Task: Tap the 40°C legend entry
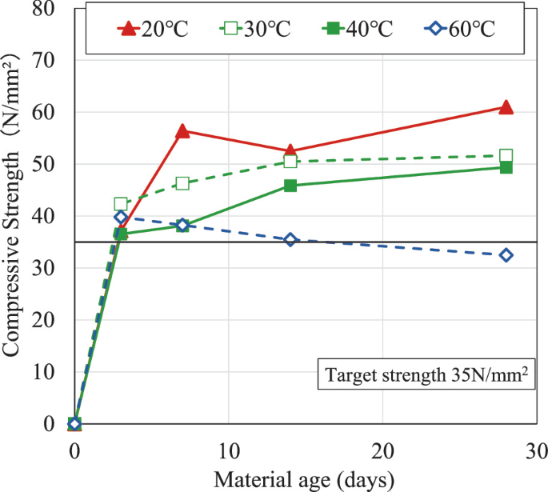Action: [x=358, y=30]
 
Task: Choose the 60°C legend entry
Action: [x=460, y=30]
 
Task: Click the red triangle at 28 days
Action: [x=506, y=107]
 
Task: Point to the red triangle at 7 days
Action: [x=182, y=130]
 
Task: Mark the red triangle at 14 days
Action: [x=290, y=150]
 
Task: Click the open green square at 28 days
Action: [x=506, y=155]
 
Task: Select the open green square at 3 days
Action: [x=121, y=204]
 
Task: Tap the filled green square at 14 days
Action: [x=290, y=186]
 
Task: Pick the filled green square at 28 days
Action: [x=506, y=167]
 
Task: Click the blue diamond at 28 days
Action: [x=506, y=255]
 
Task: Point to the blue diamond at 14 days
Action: [x=290, y=240]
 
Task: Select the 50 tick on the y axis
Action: [x=53, y=164]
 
